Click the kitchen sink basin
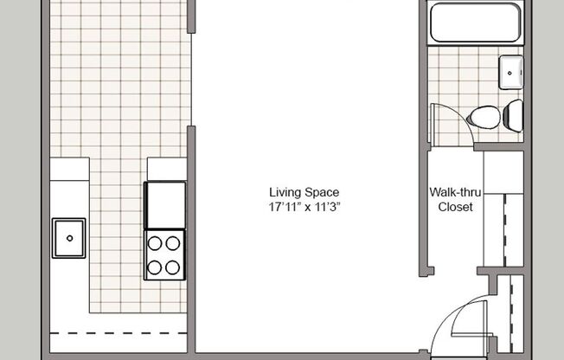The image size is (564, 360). pyautogui.click(x=69, y=238)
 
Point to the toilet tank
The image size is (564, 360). pyautogui.click(x=513, y=113)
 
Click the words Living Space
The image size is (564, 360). pyautogui.click(x=304, y=192)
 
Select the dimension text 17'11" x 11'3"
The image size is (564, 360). pyautogui.click(x=304, y=207)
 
